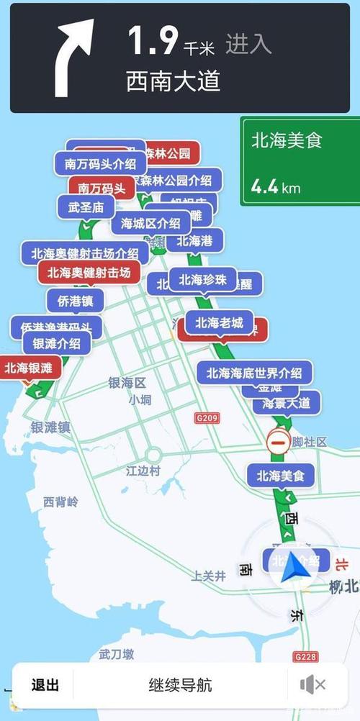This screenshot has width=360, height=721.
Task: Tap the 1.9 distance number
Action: [x=152, y=41]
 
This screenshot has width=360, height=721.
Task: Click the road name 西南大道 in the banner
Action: [x=173, y=81]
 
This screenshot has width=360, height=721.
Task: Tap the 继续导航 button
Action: [x=180, y=684]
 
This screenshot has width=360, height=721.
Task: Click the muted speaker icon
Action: [x=312, y=685]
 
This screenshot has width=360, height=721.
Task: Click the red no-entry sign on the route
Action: [x=278, y=442]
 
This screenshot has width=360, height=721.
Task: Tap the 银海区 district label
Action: [x=127, y=383]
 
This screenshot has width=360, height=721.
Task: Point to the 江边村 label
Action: [x=143, y=472]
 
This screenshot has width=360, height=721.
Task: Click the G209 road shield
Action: [x=206, y=417]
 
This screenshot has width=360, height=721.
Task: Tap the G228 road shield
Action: [x=305, y=657]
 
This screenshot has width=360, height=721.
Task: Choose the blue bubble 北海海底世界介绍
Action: [x=254, y=373]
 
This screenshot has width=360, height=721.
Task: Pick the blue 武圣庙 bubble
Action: [x=86, y=207]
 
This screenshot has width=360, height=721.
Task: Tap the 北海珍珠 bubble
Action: [x=202, y=280]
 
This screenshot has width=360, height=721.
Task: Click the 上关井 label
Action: [x=209, y=576]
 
